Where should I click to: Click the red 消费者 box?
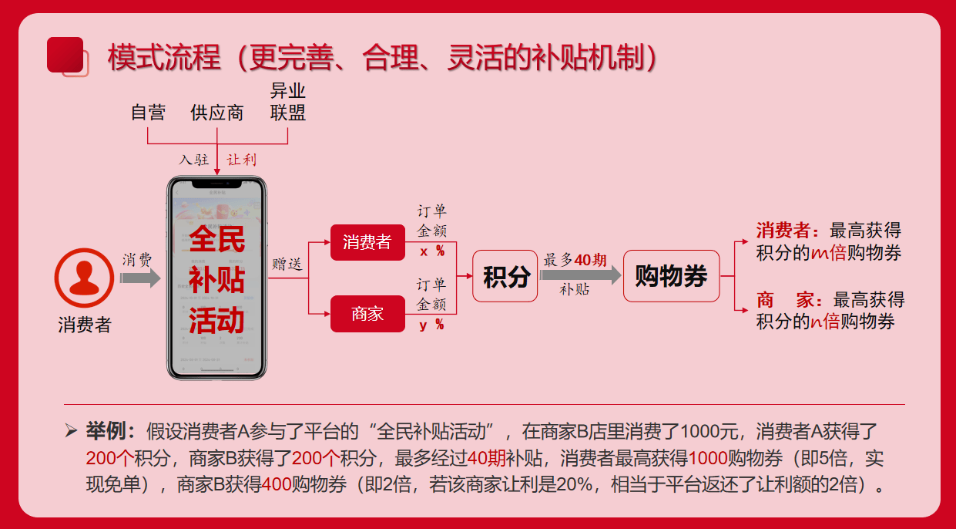click(x=367, y=242)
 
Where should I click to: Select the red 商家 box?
click(x=367, y=314)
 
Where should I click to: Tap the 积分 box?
click(x=505, y=276)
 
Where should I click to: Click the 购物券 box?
click(x=670, y=276)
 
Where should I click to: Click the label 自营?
click(x=148, y=113)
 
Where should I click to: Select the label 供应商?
click(x=217, y=113)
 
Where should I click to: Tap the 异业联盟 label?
click(x=287, y=103)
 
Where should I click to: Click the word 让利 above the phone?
click(x=241, y=160)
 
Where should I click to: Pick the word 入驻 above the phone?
click(x=193, y=160)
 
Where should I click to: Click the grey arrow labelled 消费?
click(x=140, y=278)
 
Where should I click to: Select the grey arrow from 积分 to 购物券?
click(x=579, y=275)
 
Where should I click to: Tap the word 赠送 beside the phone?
click(x=287, y=264)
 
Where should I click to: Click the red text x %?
click(x=431, y=251)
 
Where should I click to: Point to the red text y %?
click(x=431, y=325)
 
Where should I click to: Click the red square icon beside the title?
click(x=65, y=55)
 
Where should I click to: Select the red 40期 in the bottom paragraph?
click(x=486, y=458)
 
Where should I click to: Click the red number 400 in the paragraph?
click(x=276, y=485)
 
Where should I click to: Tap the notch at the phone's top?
click(x=216, y=184)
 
